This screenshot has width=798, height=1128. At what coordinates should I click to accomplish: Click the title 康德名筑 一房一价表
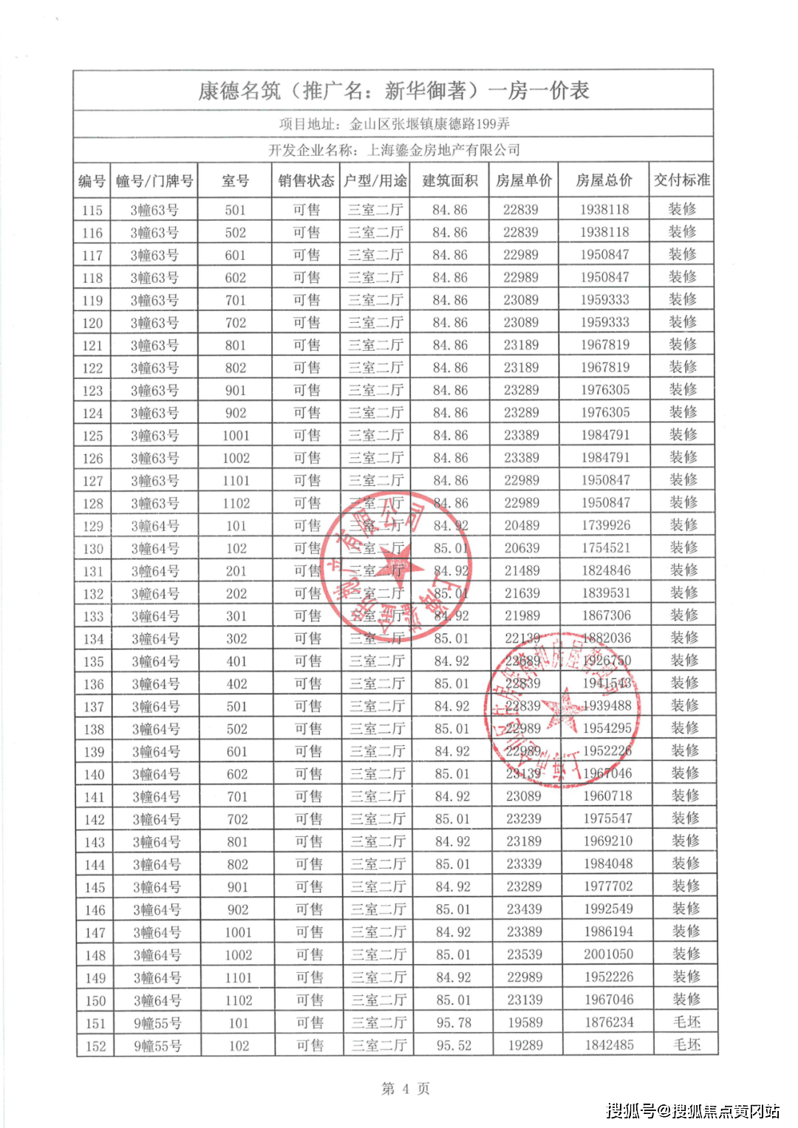pyautogui.click(x=393, y=91)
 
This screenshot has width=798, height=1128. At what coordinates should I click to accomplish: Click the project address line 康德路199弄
pyautogui.click(x=394, y=124)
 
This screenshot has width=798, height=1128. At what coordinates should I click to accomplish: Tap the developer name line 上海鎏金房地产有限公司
pyautogui.click(x=394, y=150)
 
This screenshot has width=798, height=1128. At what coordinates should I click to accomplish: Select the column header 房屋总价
pyautogui.click(x=604, y=180)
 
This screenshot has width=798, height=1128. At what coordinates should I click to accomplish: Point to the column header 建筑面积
pyautogui.click(x=450, y=180)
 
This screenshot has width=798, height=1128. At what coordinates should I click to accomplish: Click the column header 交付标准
pyautogui.click(x=681, y=180)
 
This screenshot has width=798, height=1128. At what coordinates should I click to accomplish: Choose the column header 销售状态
pyautogui.click(x=306, y=180)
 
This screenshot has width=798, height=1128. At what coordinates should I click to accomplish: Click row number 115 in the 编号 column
pyautogui.click(x=92, y=211)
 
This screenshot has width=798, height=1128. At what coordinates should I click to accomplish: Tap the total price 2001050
pyautogui.click(x=609, y=954)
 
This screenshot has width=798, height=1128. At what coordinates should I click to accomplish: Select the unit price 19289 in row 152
pyautogui.click(x=525, y=1045)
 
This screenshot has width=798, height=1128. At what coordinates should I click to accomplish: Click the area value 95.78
pyautogui.click(x=454, y=1023)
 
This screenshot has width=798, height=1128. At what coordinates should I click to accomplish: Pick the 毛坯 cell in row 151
pyautogui.click(x=687, y=1022)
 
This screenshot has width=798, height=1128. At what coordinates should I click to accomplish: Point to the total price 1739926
pyautogui.click(x=606, y=525)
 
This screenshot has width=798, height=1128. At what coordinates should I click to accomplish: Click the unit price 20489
pyautogui.click(x=522, y=525)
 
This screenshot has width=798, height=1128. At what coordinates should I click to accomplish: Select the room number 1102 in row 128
pyautogui.click(x=236, y=503)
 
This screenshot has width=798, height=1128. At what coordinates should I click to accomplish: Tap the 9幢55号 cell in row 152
pyautogui.click(x=157, y=1046)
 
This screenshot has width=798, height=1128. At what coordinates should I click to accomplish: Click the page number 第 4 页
pyautogui.click(x=405, y=1088)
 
